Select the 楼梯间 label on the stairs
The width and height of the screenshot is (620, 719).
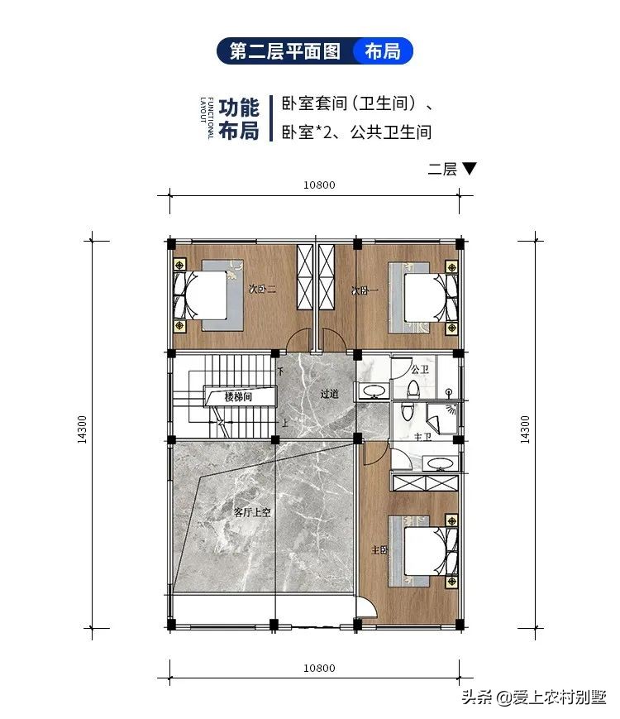(239, 397)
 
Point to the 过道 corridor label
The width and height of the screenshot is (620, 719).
(329, 394)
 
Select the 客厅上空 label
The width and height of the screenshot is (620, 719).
(253, 512)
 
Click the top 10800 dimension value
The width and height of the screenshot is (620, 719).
(319, 185)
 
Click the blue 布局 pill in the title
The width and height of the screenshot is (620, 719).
(382, 51)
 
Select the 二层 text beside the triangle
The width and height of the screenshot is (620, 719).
(442, 170)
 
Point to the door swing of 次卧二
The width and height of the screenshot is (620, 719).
(299, 340)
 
